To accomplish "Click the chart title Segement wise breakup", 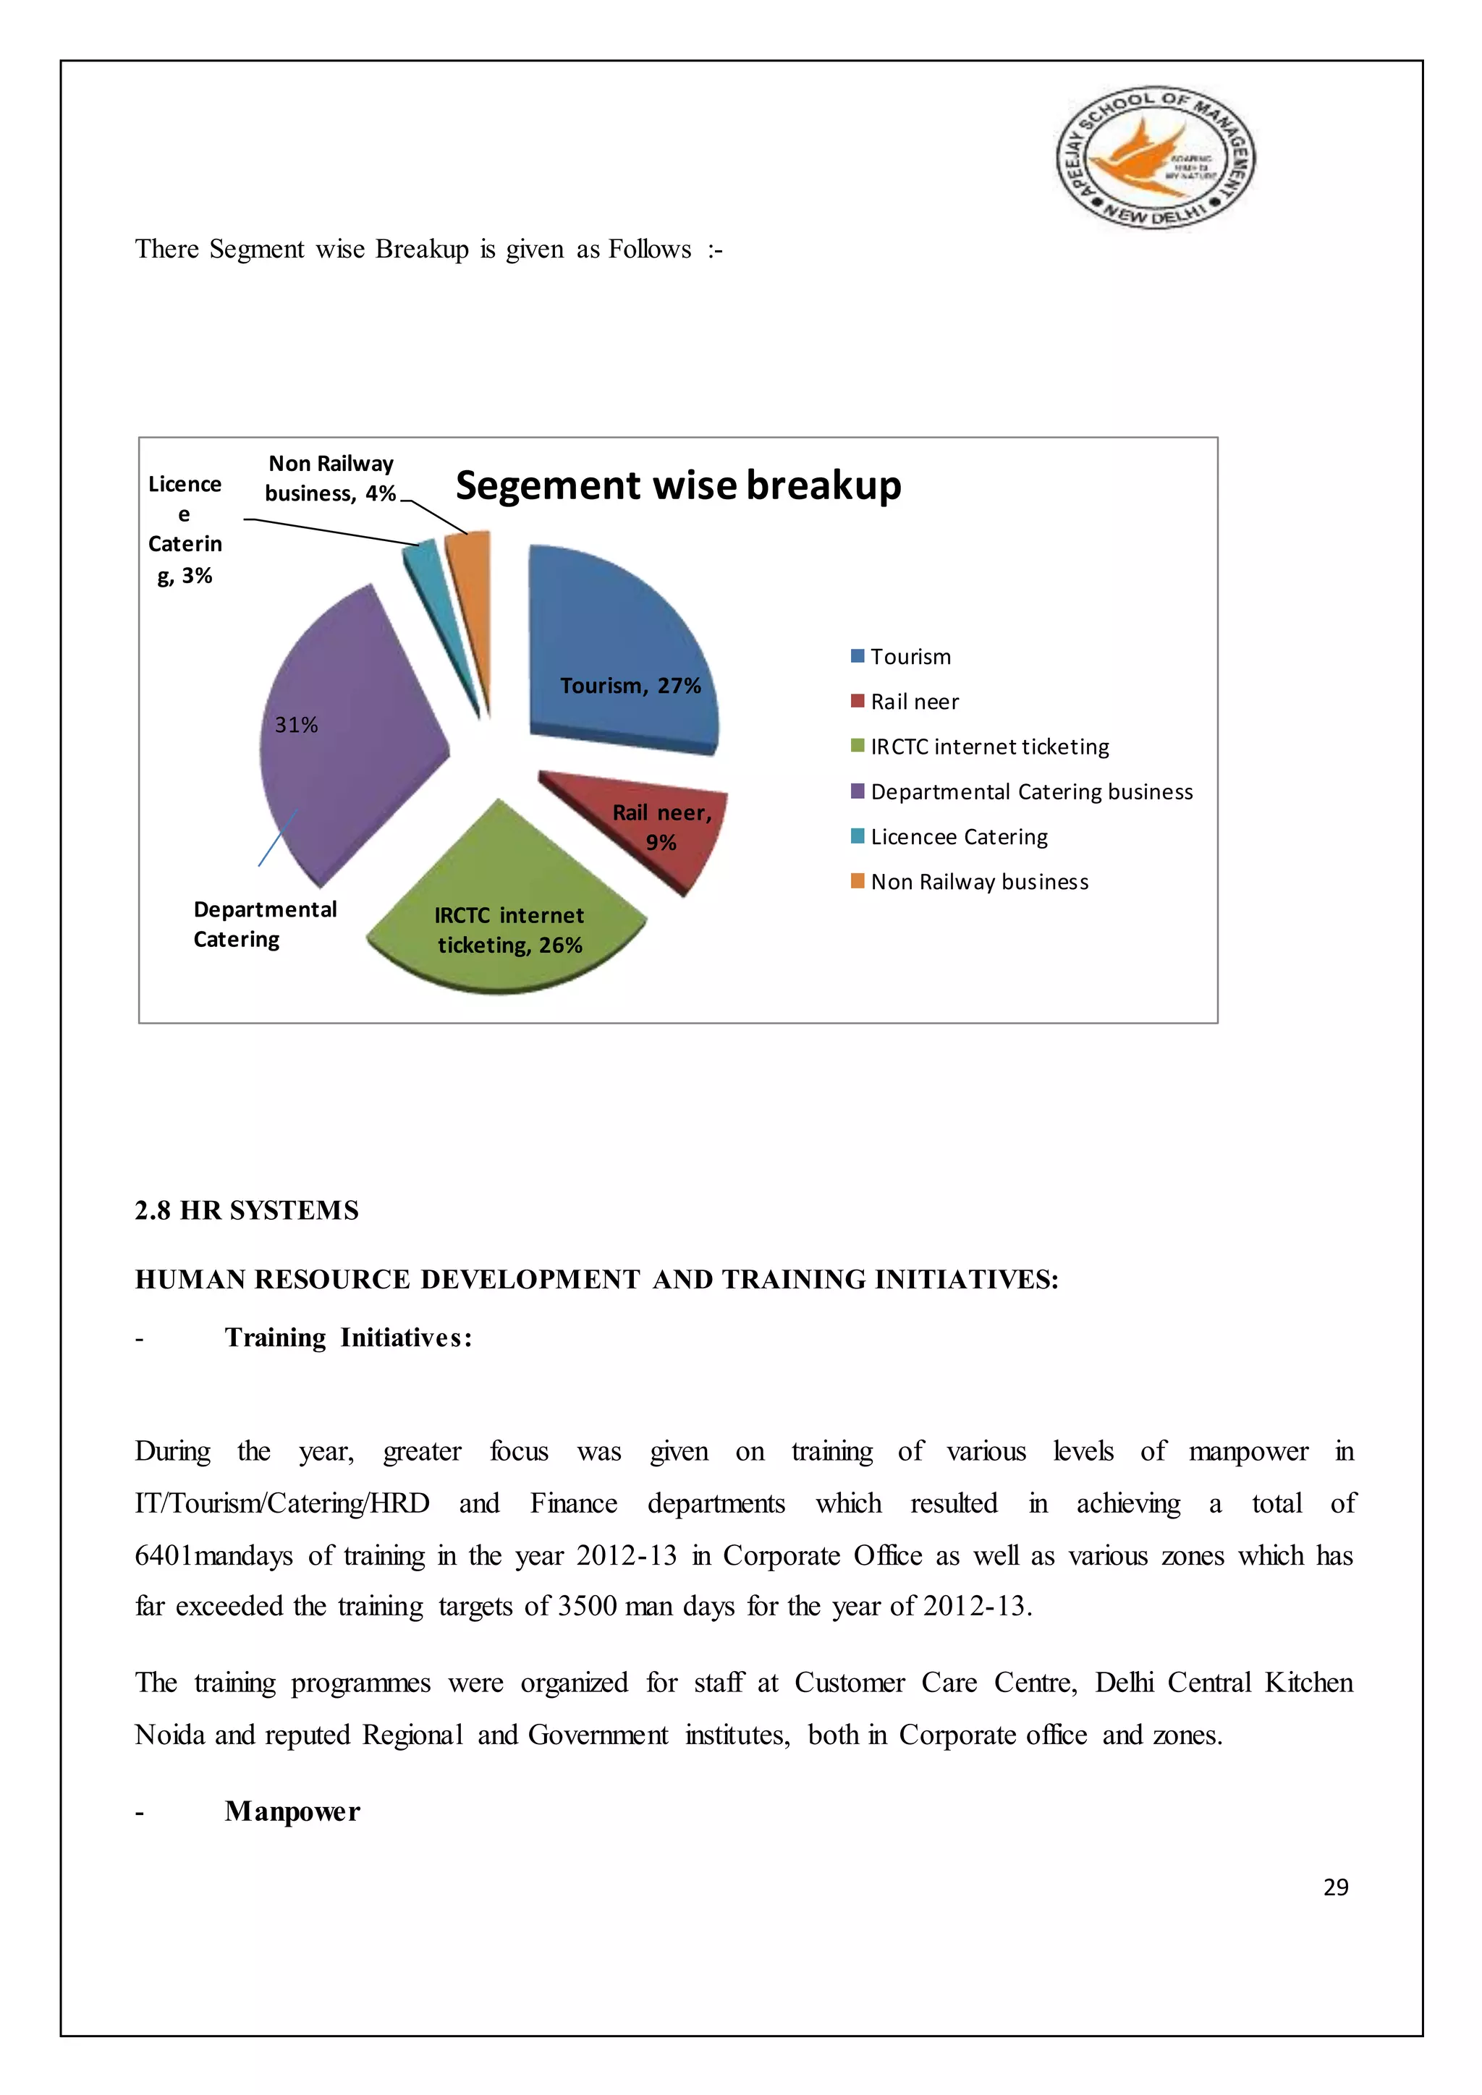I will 678,485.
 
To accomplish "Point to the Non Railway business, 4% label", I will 331,478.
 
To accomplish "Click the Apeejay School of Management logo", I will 1156,158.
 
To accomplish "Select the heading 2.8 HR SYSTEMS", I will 246,1210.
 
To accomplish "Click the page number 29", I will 1335,1887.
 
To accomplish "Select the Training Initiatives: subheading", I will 349,1337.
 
